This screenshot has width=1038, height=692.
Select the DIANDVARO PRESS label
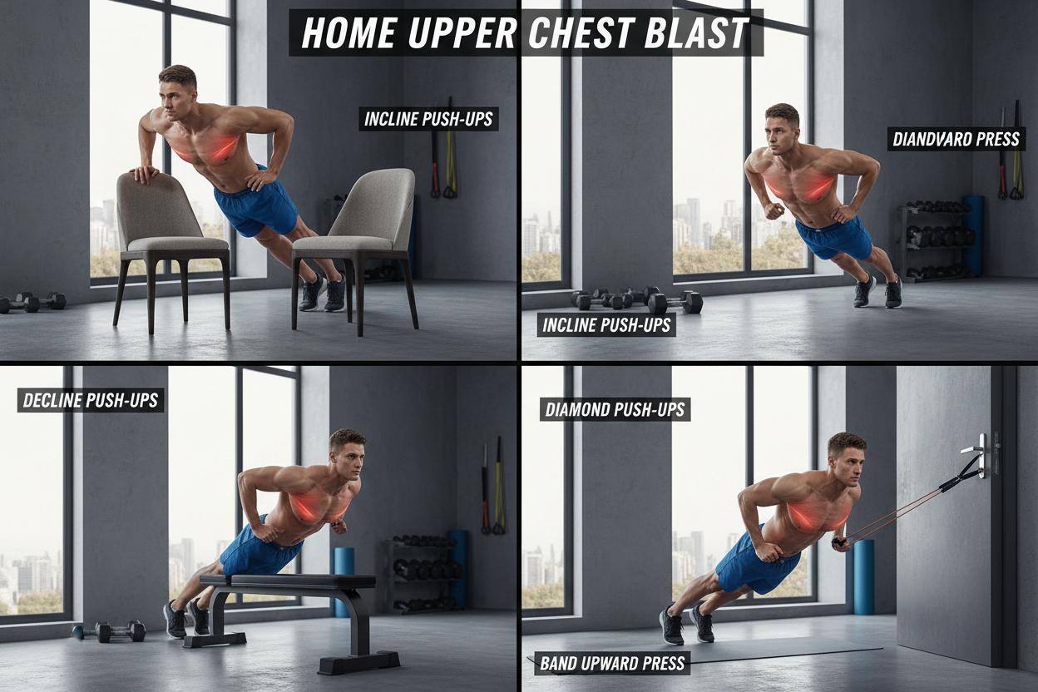[956, 139]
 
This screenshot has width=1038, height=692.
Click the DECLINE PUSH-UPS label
[91, 400]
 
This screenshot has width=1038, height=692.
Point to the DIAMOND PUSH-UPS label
[615, 409]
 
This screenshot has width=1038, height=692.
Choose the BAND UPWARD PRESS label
[612, 663]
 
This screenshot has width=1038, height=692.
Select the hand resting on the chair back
[144, 174]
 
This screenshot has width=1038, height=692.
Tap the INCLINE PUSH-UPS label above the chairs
[428, 119]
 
